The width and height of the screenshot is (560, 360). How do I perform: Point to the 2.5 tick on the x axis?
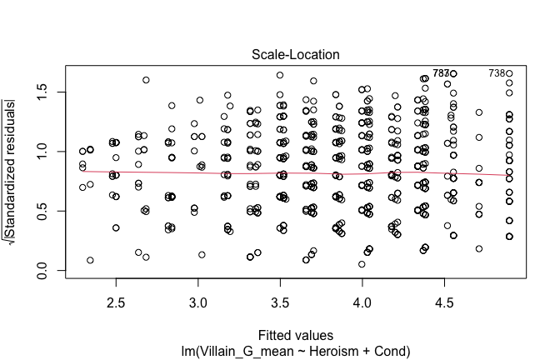(116, 296)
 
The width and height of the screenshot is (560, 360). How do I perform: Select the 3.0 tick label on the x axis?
(197, 296)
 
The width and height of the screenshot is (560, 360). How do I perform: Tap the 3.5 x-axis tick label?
(280, 296)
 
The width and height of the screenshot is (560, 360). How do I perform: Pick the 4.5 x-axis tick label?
(444, 296)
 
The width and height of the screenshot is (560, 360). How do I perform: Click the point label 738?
(497, 73)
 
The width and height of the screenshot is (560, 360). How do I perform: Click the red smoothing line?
(250, 173)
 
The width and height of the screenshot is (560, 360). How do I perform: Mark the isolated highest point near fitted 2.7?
(146, 80)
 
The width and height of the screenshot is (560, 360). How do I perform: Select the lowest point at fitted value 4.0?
(362, 264)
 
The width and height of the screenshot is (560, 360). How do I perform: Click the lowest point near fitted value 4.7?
(479, 248)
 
